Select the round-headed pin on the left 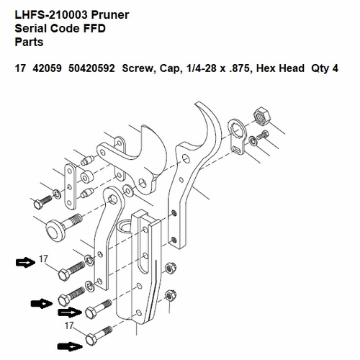pyautogui.click(x=56, y=229)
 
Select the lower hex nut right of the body pyautogui.click(x=170, y=295)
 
